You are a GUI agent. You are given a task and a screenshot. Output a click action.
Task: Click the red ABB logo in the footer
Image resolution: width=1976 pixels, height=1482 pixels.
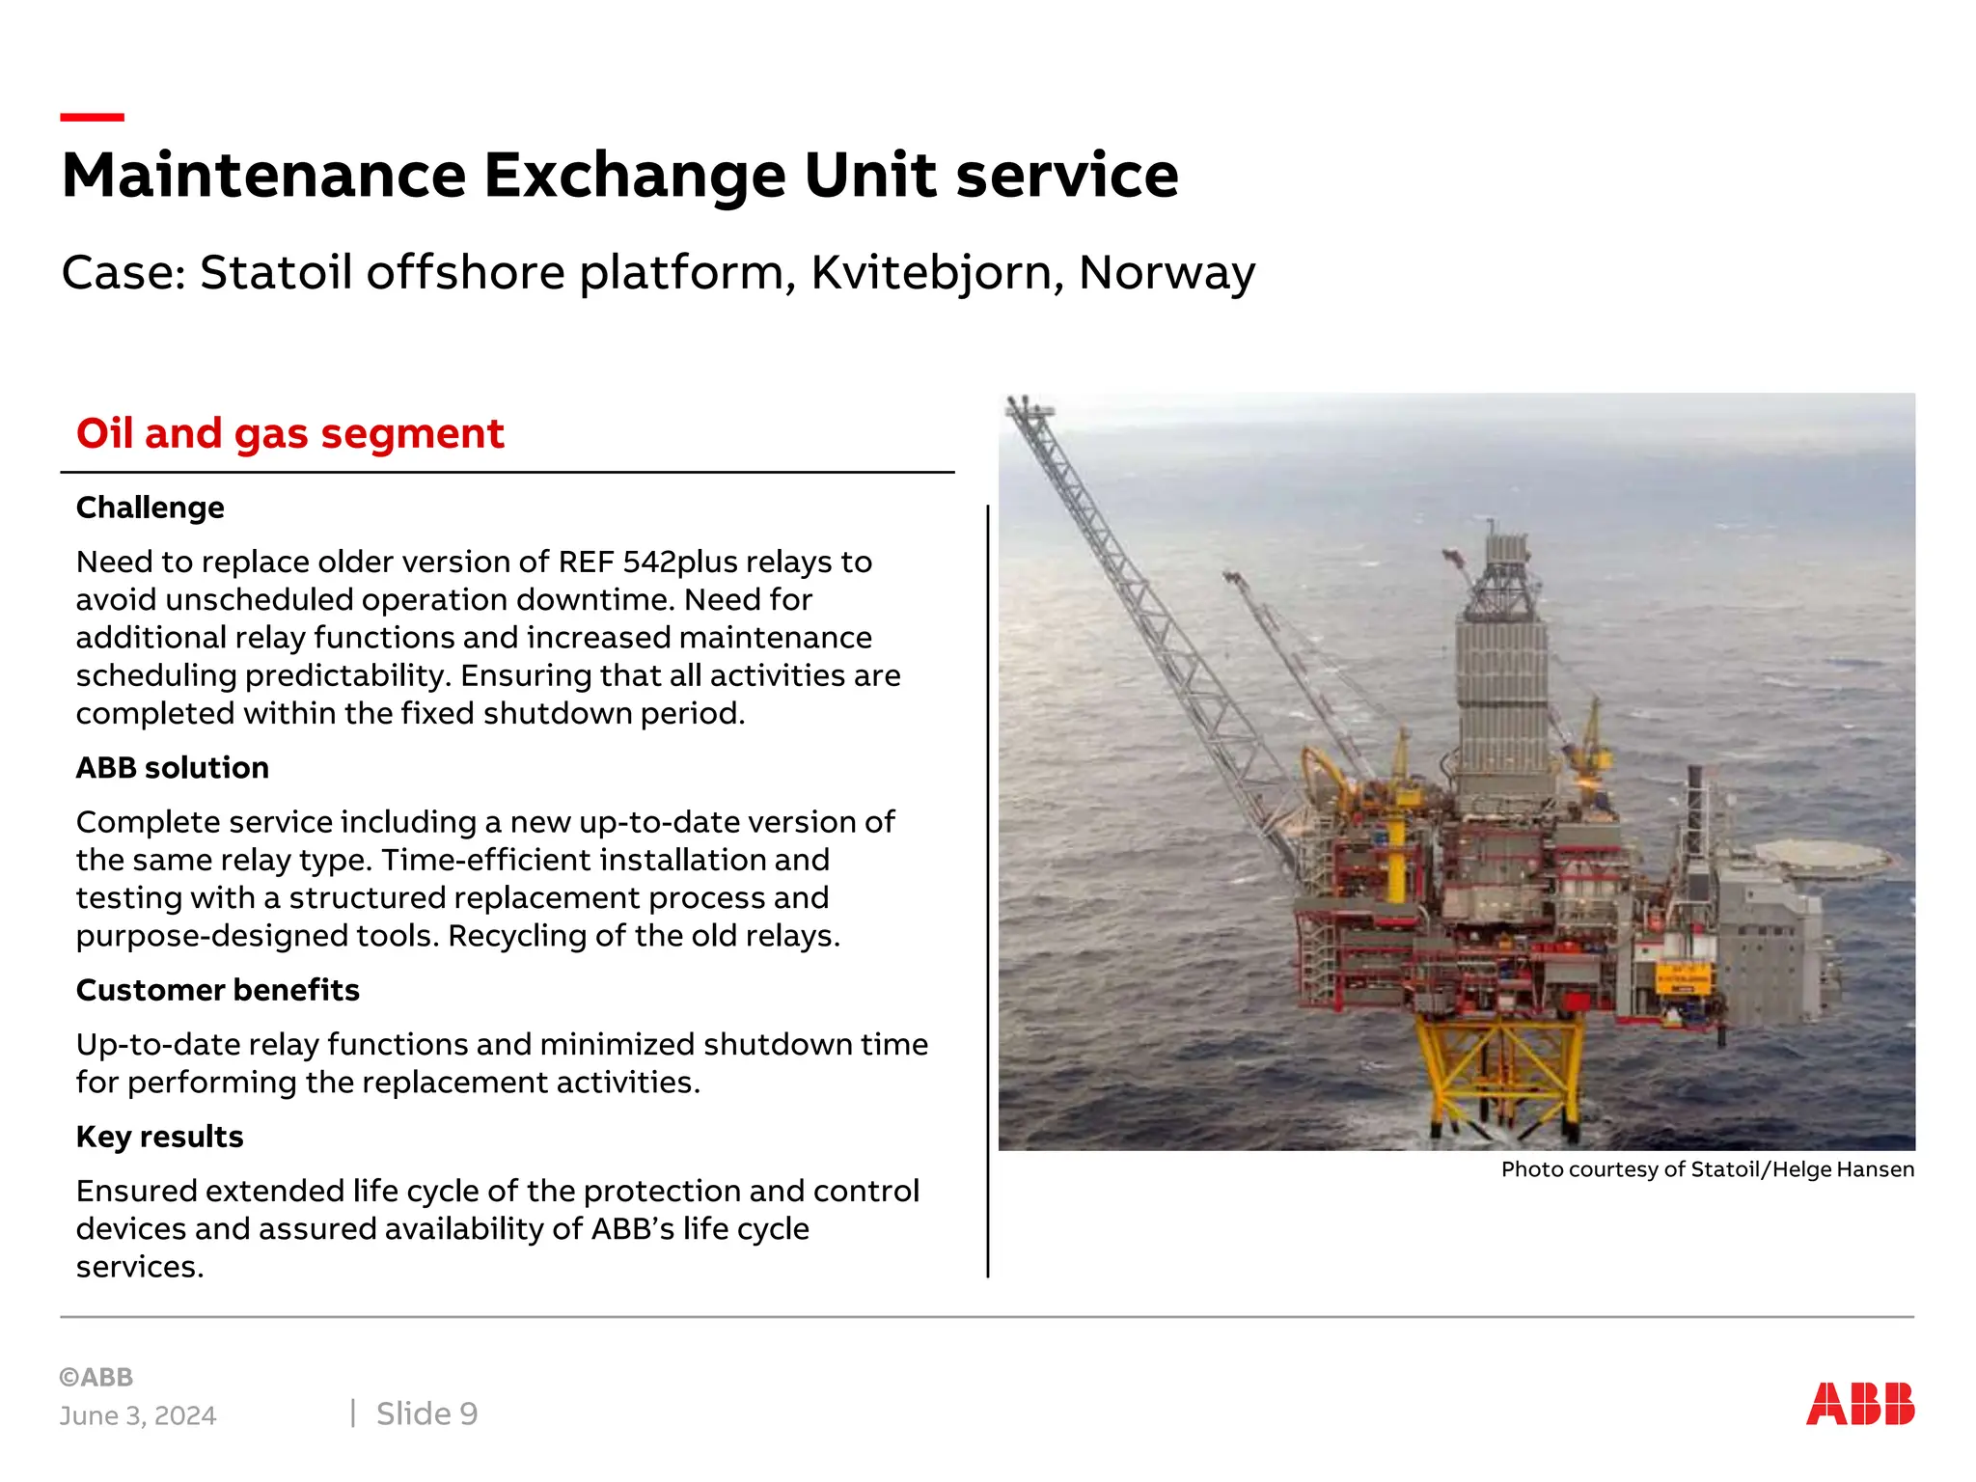click(x=1859, y=1404)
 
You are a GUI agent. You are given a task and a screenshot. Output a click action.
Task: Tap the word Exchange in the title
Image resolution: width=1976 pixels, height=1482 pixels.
click(x=634, y=176)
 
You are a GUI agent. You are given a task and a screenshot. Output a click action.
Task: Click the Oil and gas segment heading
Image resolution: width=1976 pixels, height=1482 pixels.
click(x=289, y=433)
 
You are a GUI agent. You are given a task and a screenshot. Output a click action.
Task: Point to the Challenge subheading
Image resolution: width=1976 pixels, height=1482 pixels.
click(x=150, y=508)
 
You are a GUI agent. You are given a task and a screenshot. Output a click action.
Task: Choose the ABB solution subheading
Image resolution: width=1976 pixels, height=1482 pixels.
click(x=172, y=768)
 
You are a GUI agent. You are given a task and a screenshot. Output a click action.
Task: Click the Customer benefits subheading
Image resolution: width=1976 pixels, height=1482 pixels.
click(x=217, y=990)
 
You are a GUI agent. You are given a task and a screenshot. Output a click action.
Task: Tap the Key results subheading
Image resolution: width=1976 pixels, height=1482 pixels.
click(x=159, y=1137)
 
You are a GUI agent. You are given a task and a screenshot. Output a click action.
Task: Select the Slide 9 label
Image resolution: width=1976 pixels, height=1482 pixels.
click(x=426, y=1413)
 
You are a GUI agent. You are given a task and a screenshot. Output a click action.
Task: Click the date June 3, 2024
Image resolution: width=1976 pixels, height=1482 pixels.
click(x=138, y=1415)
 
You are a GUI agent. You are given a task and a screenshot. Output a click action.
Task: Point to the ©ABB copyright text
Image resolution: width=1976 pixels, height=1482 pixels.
click(x=96, y=1377)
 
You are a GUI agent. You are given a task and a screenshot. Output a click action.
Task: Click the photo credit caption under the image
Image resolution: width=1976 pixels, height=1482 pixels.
click(x=1707, y=1169)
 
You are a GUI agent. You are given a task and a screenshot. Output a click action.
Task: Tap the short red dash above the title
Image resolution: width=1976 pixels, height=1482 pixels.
click(x=92, y=118)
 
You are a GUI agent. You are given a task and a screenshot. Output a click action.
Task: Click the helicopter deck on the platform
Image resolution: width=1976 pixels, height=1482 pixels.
click(x=1822, y=857)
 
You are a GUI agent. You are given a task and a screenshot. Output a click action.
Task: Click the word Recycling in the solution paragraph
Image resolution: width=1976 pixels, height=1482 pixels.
click(x=518, y=936)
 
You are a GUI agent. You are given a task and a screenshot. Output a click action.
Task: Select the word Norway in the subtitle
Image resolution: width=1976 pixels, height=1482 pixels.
click(x=1166, y=273)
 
